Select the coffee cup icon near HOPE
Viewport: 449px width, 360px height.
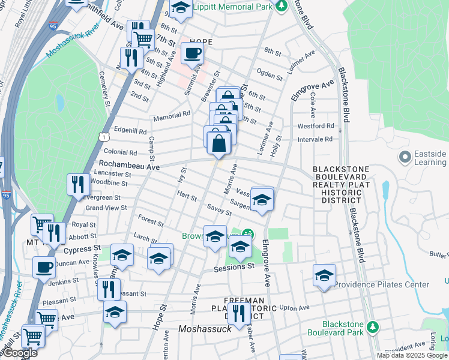click(192, 53)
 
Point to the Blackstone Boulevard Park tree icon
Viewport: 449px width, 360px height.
click(373, 326)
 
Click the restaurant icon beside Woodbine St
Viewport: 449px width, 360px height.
click(78, 185)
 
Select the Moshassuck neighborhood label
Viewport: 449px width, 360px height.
click(205, 329)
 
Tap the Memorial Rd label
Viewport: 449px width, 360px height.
click(173, 113)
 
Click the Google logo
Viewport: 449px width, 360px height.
click(19, 353)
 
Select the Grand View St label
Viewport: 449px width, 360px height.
click(106, 208)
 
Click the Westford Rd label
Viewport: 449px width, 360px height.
click(316, 126)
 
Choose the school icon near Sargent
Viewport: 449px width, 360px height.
click(262, 200)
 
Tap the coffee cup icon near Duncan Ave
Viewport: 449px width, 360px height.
click(43, 268)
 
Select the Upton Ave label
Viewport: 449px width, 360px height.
click(294, 308)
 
